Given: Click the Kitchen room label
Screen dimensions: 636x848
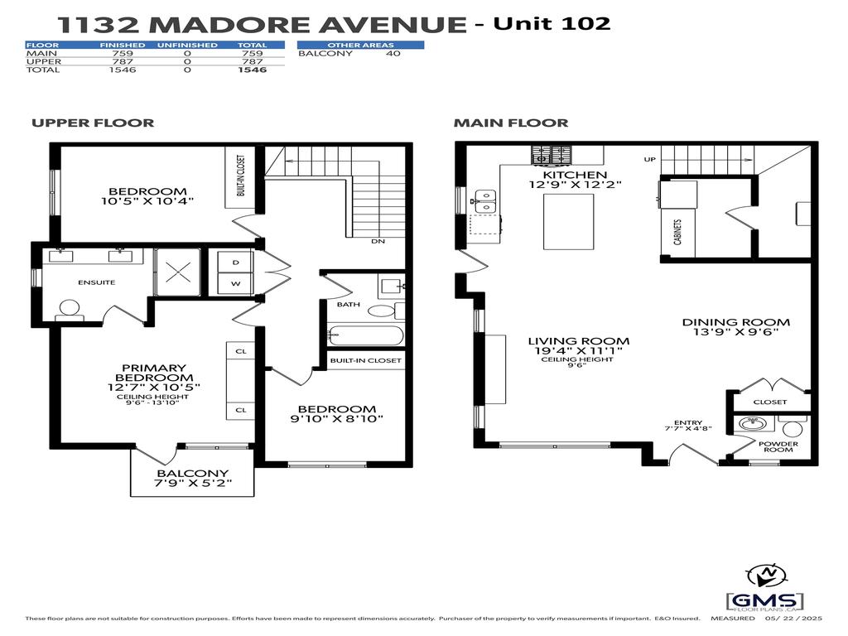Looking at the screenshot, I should point(575,175).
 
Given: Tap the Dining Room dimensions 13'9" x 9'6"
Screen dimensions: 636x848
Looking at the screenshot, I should point(735,335).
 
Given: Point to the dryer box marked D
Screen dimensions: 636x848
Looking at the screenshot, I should point(235,262).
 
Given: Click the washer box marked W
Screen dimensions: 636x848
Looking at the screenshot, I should point(235,283).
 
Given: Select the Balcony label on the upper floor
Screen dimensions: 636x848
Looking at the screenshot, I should point(192,475).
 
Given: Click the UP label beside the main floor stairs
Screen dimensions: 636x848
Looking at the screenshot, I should point(650,159).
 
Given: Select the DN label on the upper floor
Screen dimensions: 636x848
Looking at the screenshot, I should point(378,242).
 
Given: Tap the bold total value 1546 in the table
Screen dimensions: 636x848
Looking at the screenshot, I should point(252,70).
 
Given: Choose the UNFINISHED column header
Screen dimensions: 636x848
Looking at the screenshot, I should point(187,45).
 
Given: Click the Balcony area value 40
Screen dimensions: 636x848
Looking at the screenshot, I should point(393,54).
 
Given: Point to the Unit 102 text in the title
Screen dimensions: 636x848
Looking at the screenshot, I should point(552,22).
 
